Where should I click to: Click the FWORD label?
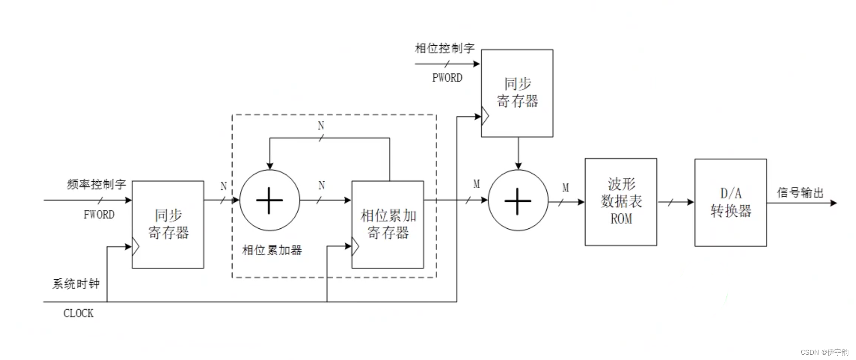pyautogui.click(x=99, y=214)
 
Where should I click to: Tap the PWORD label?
pyautogui.click(x=447, y=78)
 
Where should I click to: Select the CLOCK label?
pyautogui.click(x=78, y=313)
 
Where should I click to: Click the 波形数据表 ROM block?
pyautogui.click(x=621, y=202)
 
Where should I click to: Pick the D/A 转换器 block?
pyautogui.click(x=730, y=202)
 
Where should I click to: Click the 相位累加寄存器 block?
pyautogui.click(x=388, y=224)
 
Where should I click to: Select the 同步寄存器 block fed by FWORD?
pyautogui.click(x=168, y=224)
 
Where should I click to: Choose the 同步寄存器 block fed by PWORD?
pyautogui.click(x=517, y=93)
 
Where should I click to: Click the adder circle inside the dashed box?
pyautogui.click(x=270, y=200)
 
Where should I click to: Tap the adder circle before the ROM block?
pyautogui.click(x=518, y=200)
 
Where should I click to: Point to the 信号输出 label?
pyautogui.click(x=800, y=193)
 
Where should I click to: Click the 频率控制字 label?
pyautogui.click(x=96, y=184)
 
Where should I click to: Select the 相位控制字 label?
pyautogui.click(x=445, y=48)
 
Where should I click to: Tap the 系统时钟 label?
pyautogui.click(x=76, y=284)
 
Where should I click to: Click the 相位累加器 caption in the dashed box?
pyautogui.click(x=272, y=250)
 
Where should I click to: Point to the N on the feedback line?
pyautogui.click(x=321, y=126)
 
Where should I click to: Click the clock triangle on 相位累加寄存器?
pyautogui.click(x=355, y=247)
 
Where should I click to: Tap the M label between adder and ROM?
pyautogui.click(x=566, y=187)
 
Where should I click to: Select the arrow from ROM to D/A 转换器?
pyautogui.click(x=676, y=202)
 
